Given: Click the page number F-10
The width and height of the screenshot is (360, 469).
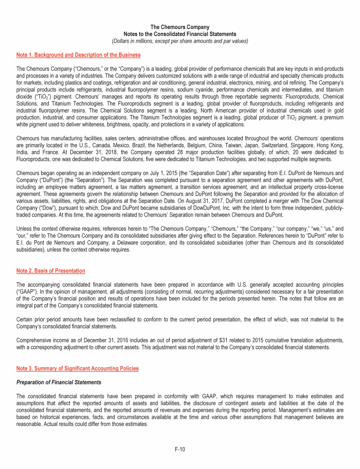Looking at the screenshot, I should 180,450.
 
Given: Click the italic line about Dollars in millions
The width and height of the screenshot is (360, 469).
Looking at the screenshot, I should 180,41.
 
